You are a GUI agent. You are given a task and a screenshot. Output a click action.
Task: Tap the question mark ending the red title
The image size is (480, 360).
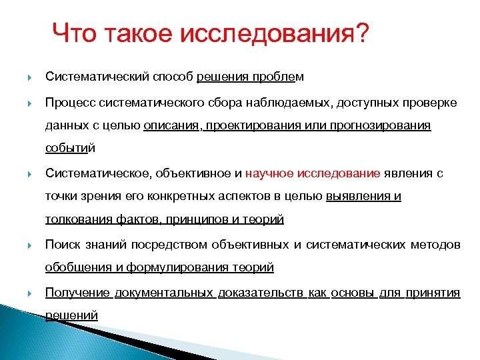tap(360, 33)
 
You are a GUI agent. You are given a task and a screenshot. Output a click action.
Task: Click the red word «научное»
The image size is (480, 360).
tap(269, 173)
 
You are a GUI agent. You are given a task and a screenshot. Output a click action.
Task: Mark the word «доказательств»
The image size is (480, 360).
tap(260, 293)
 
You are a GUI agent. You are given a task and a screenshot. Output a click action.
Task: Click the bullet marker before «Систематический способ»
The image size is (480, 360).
tap(29, 77)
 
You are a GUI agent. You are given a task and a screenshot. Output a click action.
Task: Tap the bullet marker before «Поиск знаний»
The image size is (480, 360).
tap(29, 245)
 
